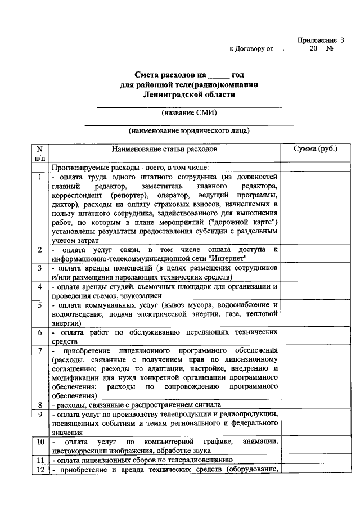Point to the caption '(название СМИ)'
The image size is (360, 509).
click(189, 112)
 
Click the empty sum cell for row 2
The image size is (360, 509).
click(316, 255)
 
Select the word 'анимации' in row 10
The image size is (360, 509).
click(260, 442)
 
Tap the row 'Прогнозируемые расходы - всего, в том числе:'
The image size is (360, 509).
click(130, 167)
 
